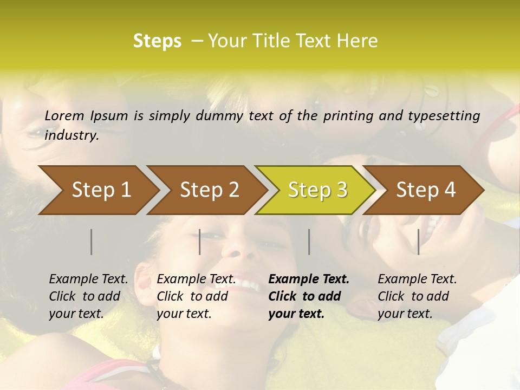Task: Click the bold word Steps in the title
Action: pos(157,41)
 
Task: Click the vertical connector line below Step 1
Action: pos(92,242)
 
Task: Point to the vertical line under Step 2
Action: pos(200,242)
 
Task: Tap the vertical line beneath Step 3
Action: pos(309,242)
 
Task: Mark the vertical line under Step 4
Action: pos(418,242)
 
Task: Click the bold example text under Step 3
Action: pos(308,296)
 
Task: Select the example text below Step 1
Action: pos(88,296)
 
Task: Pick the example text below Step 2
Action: pos(196,296)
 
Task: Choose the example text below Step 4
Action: pos(417,296)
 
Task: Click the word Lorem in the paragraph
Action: pos(64,115)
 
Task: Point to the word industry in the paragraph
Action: pos(71,135)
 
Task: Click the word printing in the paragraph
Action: pos(349,115)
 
